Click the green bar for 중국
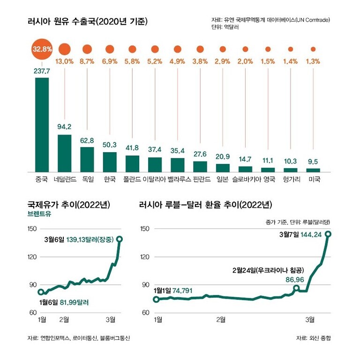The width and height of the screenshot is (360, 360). point(42,125)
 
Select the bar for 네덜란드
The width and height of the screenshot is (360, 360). point(64,153)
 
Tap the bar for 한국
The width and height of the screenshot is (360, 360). point(110,162)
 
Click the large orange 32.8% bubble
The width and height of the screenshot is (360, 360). point(42,49)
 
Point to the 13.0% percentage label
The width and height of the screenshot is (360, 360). point(65,61)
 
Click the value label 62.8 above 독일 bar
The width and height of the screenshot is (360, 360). point(87,140)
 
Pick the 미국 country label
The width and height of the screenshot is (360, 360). point(313,179)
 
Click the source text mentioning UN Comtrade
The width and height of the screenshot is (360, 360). point(270,20)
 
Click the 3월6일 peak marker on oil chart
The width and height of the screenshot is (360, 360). point(120,239)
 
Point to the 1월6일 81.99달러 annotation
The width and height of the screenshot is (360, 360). point(64,302)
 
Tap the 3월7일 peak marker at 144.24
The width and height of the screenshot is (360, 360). point(328,234)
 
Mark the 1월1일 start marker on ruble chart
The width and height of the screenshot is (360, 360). point(157,299)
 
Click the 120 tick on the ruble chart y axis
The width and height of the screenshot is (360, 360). point(145,257)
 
